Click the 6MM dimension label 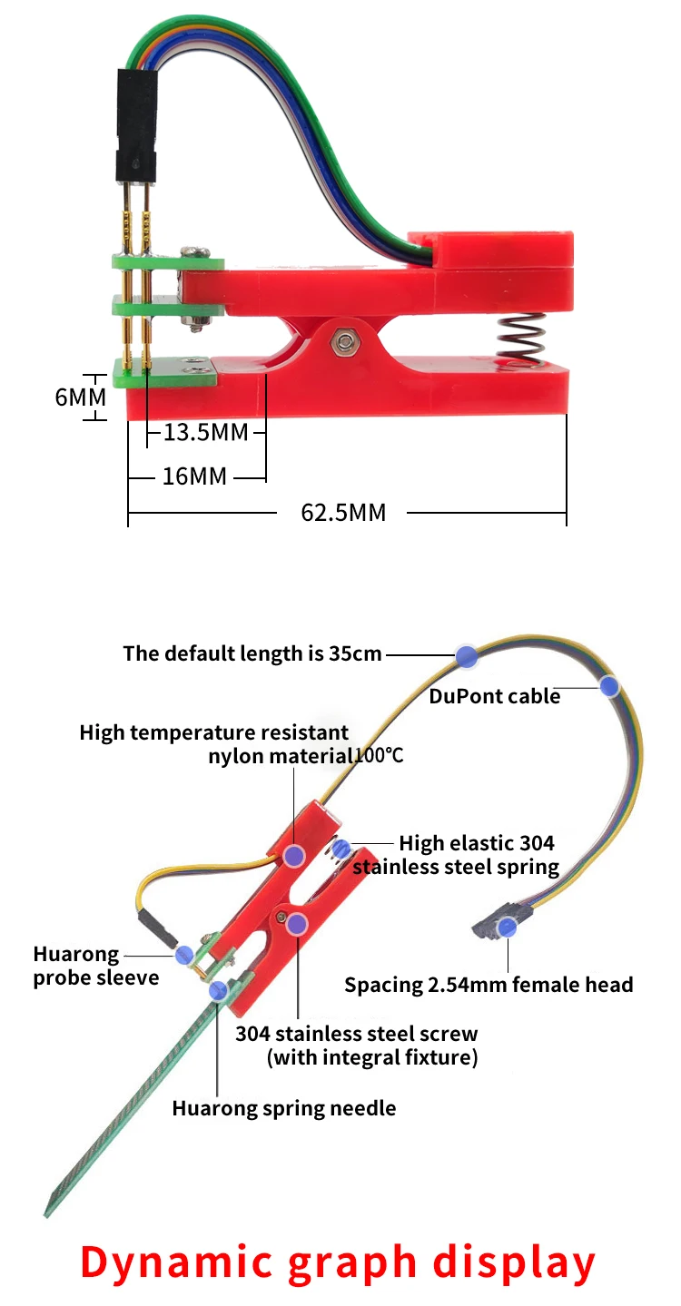coord(80,398)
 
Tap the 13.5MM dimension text coord(206,432)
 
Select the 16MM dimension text coord(195,476)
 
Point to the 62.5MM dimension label coord(343,513)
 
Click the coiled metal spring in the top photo coord(518,343)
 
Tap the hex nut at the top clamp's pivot coord(344,341)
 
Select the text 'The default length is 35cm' coord(252,653)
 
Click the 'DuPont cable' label coord(494,697)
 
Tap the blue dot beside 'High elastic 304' coord(341,849)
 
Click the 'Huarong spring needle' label coord(284,1108)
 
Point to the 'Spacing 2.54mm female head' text coord(489,985)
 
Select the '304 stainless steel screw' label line coord(357,1034)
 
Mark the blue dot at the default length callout coord(467,656)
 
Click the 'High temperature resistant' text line coord(214,732)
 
